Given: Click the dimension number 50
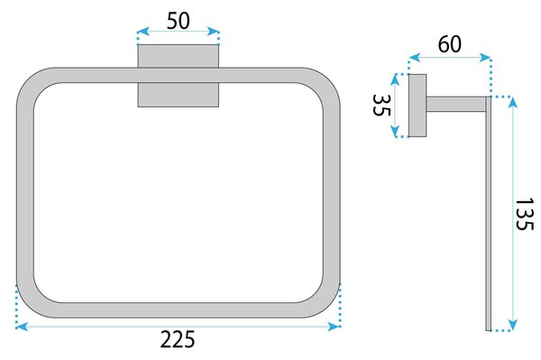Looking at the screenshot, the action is click(178, 21).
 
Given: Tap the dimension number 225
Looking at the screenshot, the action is click(178, 339).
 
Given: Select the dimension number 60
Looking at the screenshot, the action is click(450, 44).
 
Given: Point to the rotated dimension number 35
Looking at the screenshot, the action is click(382, 106).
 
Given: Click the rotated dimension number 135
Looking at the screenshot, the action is click(524, 214).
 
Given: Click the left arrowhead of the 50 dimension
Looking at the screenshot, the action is click(142, 32).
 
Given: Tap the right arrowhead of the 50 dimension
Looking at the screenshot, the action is click(213, 32).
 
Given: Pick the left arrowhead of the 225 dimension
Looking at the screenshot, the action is click(22, 327).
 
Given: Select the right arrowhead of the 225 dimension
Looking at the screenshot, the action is click(334, 327).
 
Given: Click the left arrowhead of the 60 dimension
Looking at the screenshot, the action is click(415, 58).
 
